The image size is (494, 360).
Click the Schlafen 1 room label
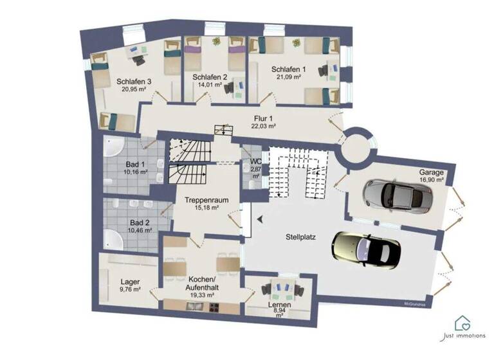pos(289,69)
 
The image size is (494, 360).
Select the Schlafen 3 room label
pos(134,82)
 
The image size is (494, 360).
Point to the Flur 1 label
pos(264,118)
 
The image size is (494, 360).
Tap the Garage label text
pos(432,172)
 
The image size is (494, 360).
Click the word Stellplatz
pos(303,237)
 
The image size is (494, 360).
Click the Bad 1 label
pos(136,165)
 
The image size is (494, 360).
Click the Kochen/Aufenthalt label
pos(201,283)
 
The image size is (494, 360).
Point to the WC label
pos(255,161)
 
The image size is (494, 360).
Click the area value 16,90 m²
pos(432,181)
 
